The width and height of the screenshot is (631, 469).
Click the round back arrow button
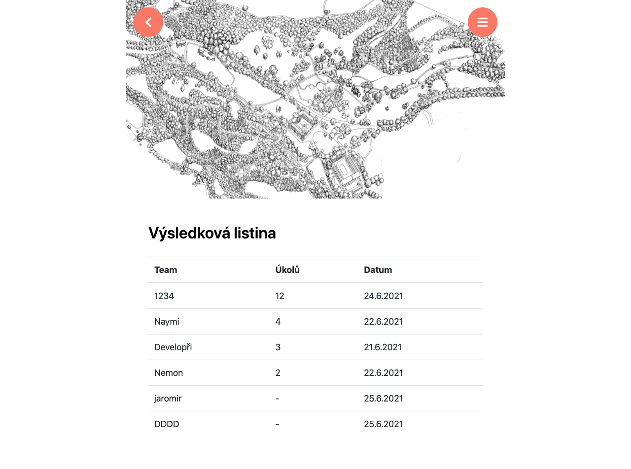[x=148, y=22]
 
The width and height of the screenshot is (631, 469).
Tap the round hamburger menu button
[x=483, y=22]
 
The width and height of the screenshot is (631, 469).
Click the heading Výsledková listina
[x=212, y=233]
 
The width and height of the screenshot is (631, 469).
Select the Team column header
[x=166, y=270]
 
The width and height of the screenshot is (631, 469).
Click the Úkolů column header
[x=287, y=270]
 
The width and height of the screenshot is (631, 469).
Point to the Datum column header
[x=378, y=270]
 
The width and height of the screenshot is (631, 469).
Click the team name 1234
[x=164, y=296]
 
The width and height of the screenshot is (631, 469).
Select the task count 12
[x=280, y=296]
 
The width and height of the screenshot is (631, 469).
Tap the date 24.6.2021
[x=384, y=296]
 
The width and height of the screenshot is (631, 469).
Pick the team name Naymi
[x=167, y=322]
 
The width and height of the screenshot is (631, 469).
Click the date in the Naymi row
[x=384, y=322]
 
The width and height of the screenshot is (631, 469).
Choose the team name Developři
[x=173, y=347]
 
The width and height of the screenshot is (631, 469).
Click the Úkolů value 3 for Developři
[x=278, y=347]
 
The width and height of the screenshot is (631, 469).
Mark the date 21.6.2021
[x=383, y=347]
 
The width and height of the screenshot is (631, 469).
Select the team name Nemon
[x=169, y=373]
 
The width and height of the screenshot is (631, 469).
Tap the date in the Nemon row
[x=384, y=373]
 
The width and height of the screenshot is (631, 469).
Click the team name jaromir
[x=168, y=399]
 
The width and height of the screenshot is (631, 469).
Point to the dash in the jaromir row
[x=278, y=399]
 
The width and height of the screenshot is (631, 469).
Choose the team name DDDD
[x=167, y=424]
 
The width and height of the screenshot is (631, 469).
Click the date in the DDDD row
[x=384, y=424]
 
